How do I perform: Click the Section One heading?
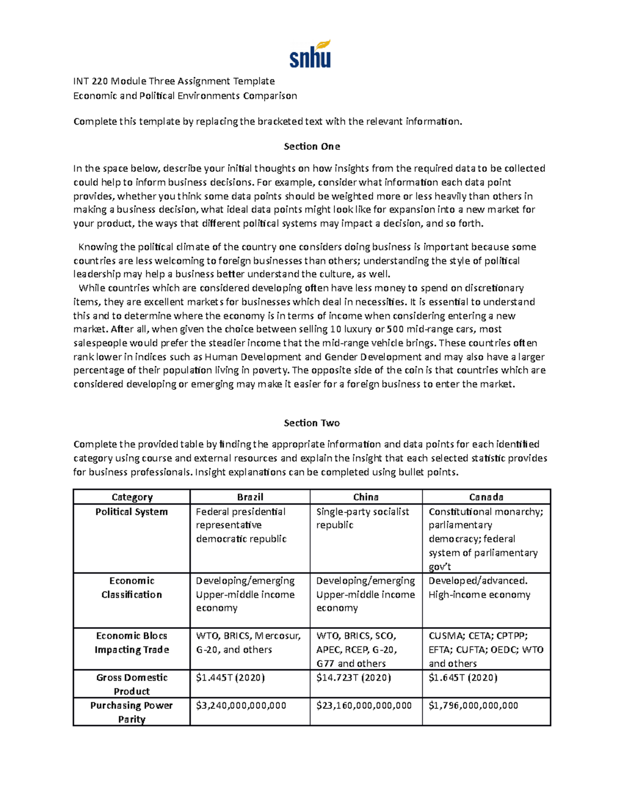(x=311, y=147)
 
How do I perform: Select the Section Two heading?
(x=311, y=423)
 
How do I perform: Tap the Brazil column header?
(x=250, y=497)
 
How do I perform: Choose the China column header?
(x=366, y=497)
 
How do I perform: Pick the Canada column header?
(x=486, y=497)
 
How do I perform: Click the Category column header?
(x=132, y=497)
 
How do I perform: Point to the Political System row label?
(x=132, y=512)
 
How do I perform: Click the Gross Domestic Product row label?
(x=132, y=684)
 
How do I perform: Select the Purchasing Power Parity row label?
(x=132, y=712)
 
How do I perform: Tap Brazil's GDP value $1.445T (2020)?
(x=230, y=678)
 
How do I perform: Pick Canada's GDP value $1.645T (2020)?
(x=463, y=678)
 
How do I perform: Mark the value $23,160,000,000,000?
(x=364, y=706)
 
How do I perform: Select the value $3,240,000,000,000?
(x=241, y=706)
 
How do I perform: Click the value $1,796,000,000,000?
(x=473, y=706)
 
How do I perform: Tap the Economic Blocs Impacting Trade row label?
(x=132, y=643)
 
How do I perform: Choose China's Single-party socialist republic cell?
(x=362, y=519)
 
